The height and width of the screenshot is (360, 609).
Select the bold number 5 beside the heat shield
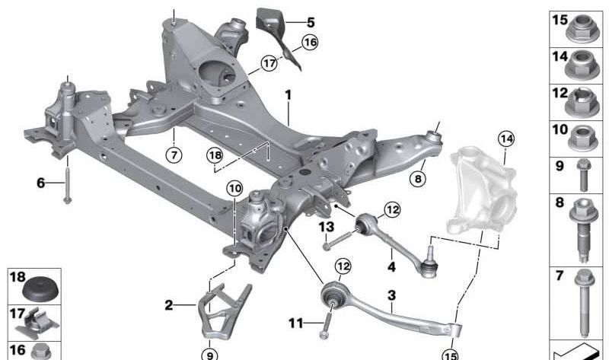[289, 22]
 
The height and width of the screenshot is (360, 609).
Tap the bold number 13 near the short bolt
[326, 227]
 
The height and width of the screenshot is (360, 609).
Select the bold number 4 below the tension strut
[391, 267]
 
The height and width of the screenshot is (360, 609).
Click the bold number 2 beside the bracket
[169, 306]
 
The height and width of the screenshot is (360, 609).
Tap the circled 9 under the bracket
[209, 352]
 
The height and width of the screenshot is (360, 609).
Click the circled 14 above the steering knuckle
[506, 139]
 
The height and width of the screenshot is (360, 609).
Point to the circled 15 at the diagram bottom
[451, 353]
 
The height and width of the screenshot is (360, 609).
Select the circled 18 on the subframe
[216, 155]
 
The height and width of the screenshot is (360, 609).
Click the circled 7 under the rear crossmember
[174, 155]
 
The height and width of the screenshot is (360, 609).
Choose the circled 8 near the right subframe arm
[417, 179]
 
